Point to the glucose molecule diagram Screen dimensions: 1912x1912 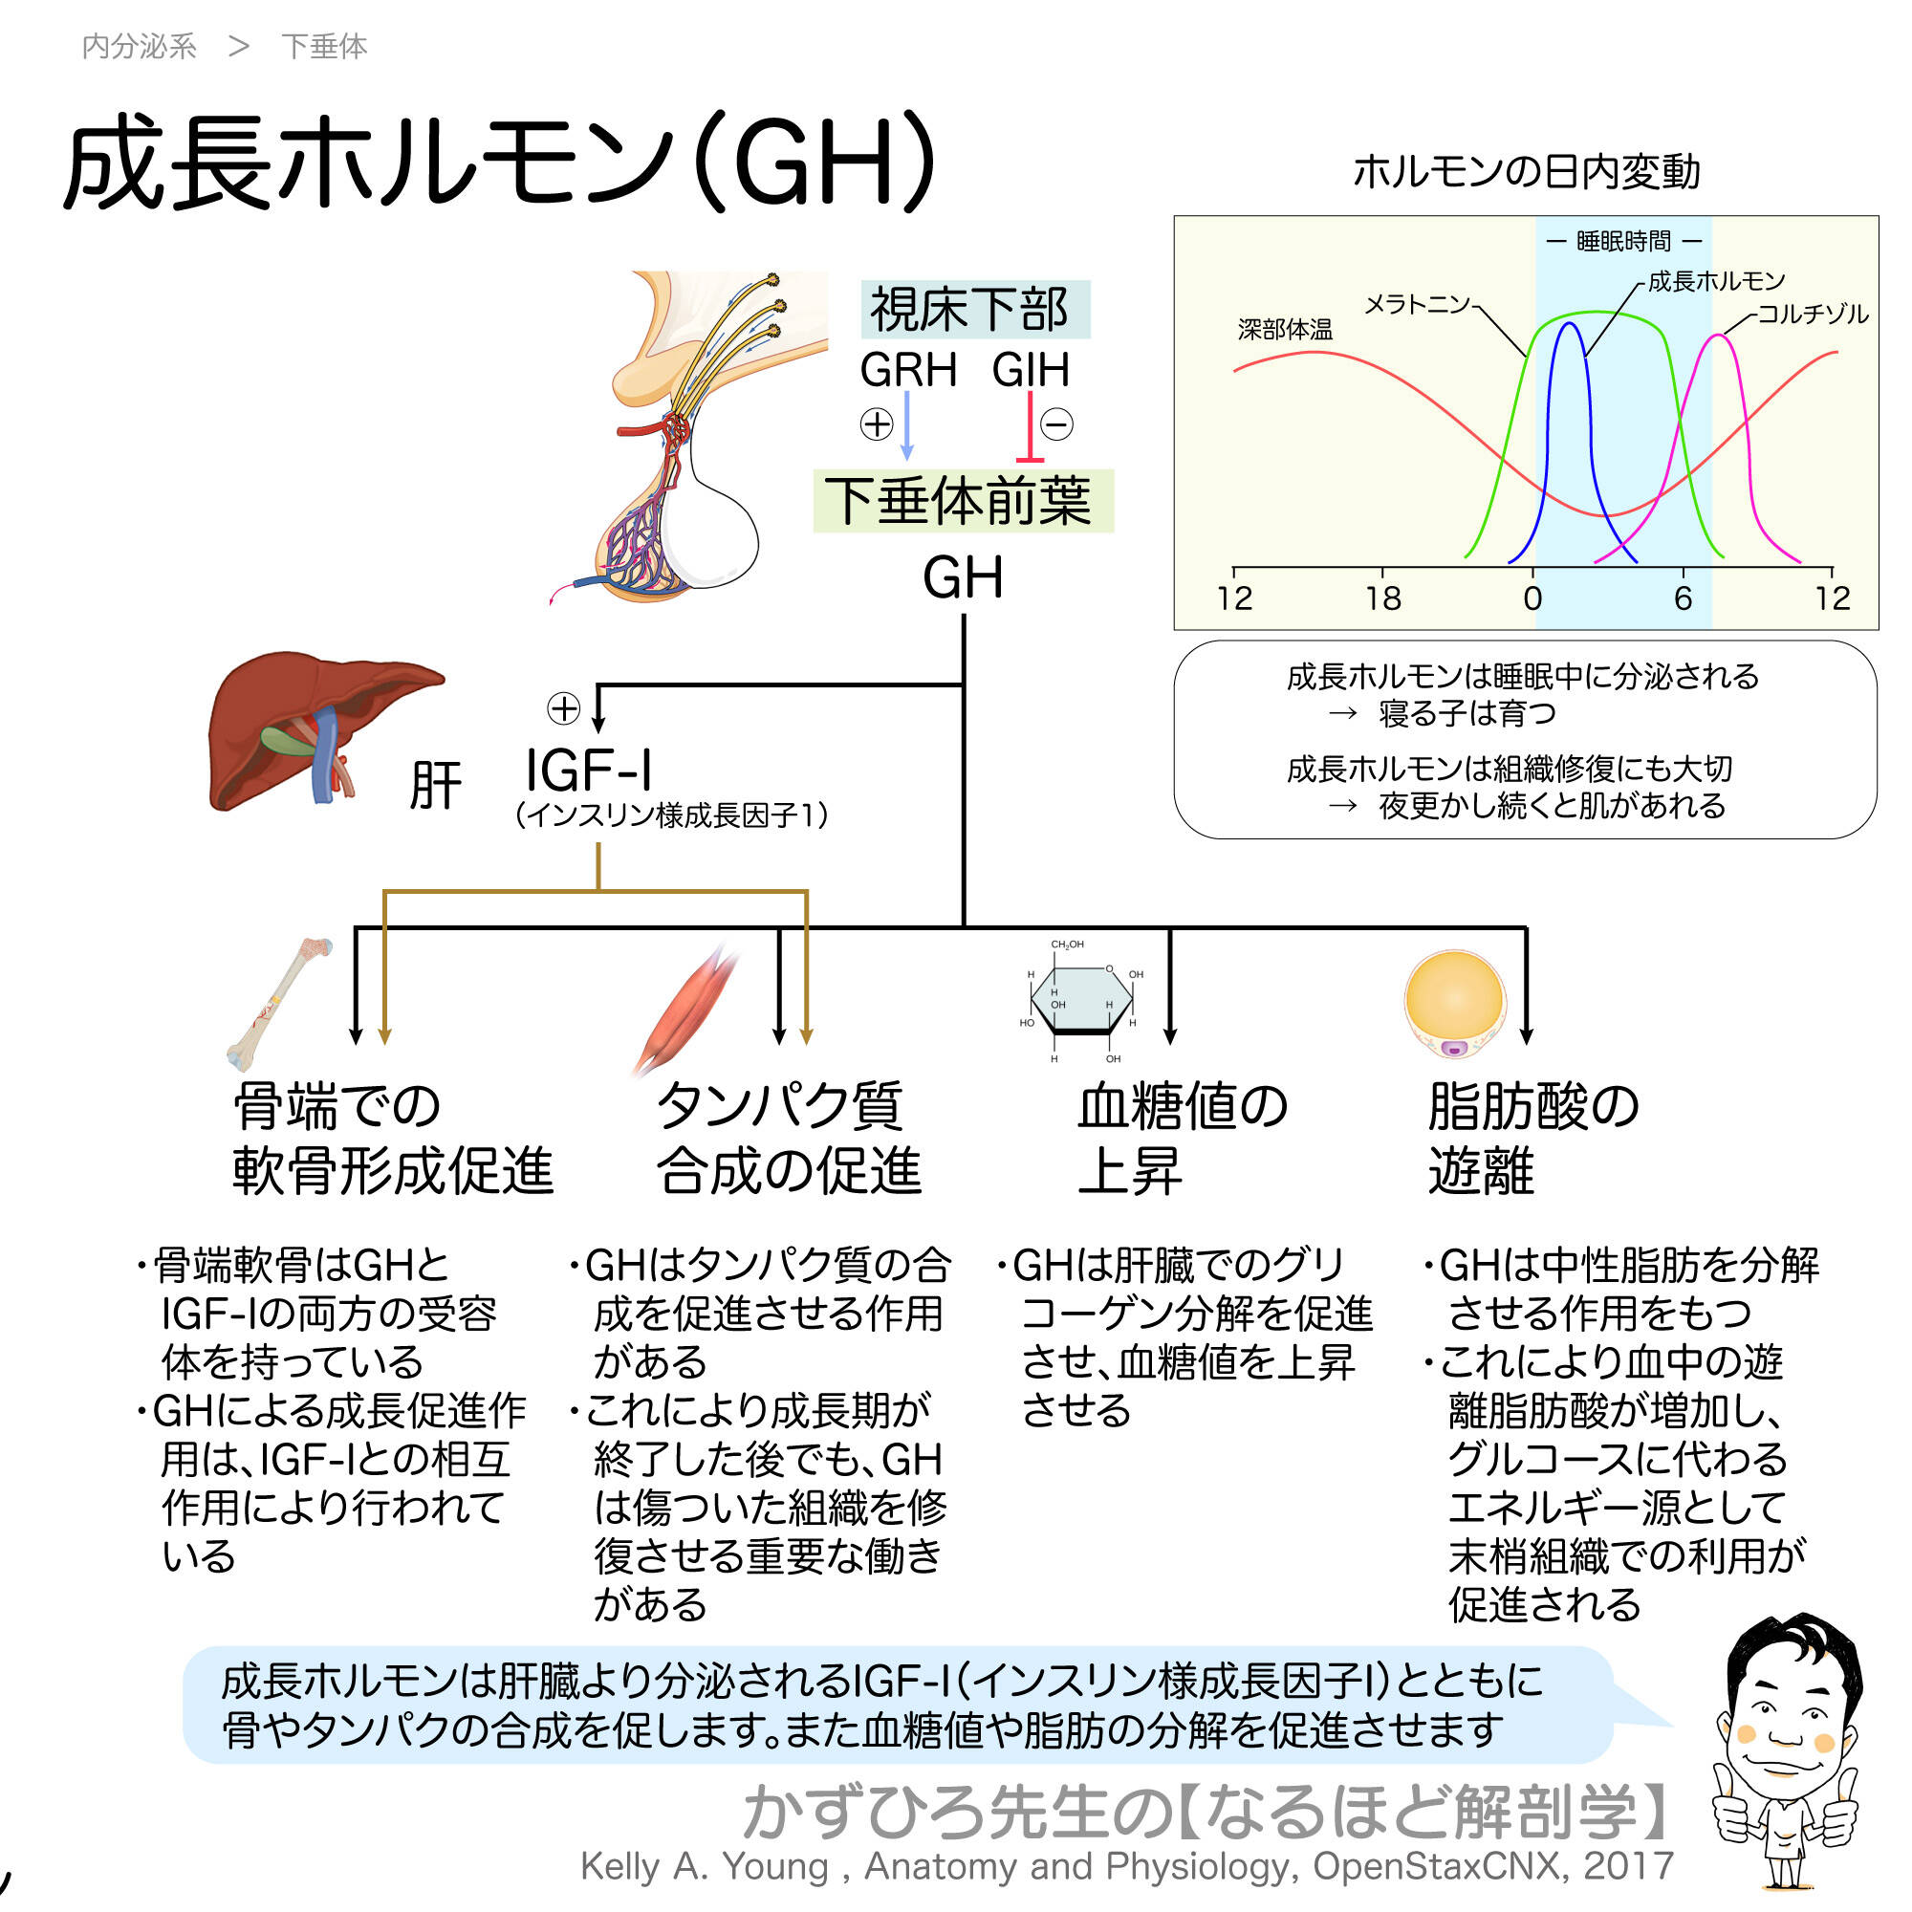tap(1080, 1001)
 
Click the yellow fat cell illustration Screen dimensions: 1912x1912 tap(1454, 1002)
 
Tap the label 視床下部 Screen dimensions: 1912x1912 tap(968, 310)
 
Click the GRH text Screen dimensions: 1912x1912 tap(907, 370)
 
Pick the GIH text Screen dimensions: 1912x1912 tap(1031, 370)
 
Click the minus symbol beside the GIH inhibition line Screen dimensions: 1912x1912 tap(1057, 424)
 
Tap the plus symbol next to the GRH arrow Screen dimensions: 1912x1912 tap(876, 424)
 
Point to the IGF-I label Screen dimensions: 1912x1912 tap(588, 769)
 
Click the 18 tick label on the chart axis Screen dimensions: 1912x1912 tap(1382, 597)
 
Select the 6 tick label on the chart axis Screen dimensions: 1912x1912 tap(1683, 597)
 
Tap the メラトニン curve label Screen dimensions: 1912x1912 tap(1417, 304)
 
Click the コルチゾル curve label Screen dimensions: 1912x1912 tap(1812, 314)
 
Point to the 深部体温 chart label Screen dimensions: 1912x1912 tap(1285, 330)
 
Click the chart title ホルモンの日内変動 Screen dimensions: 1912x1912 tap(1525, 172)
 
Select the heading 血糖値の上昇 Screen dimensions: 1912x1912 tap(1182, 1138)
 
